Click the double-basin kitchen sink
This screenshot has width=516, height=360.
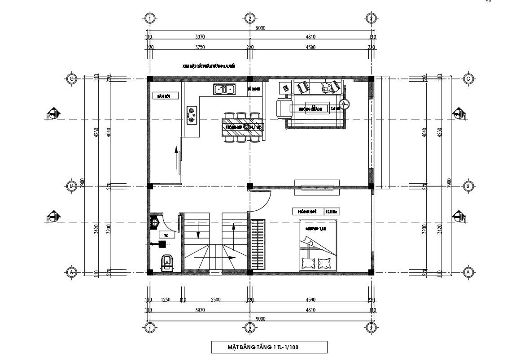pyautogui.click(x=223, y=90)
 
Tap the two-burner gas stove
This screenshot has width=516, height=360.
pyautogui.click(x=192, y=115)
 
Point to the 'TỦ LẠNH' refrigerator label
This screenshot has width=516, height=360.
pyautogui.click(x=254, y=89)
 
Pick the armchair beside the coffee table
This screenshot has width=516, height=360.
pyautogui.click(x=283, y=108)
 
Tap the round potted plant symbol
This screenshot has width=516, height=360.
pyautogui.click(x=344, y=105)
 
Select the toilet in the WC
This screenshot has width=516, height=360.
pyautogui.click(x=167, y=262)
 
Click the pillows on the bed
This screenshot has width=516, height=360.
pyautogui.click(x=316, y=264)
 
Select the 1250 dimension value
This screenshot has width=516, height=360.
pyautogui.click(x=166, y=299)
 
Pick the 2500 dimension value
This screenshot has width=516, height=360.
pyautogui.click(x=215, y=299)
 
